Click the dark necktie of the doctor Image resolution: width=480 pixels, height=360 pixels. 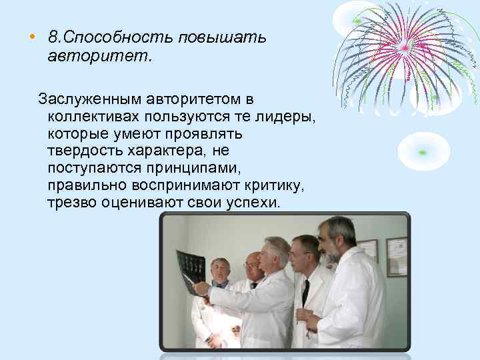(305, 293)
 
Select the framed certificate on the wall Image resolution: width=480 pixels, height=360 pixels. (396, 256)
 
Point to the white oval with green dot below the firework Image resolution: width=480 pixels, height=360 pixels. (424, 150)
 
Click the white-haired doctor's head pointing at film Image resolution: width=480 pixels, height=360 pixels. (275, 252)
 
